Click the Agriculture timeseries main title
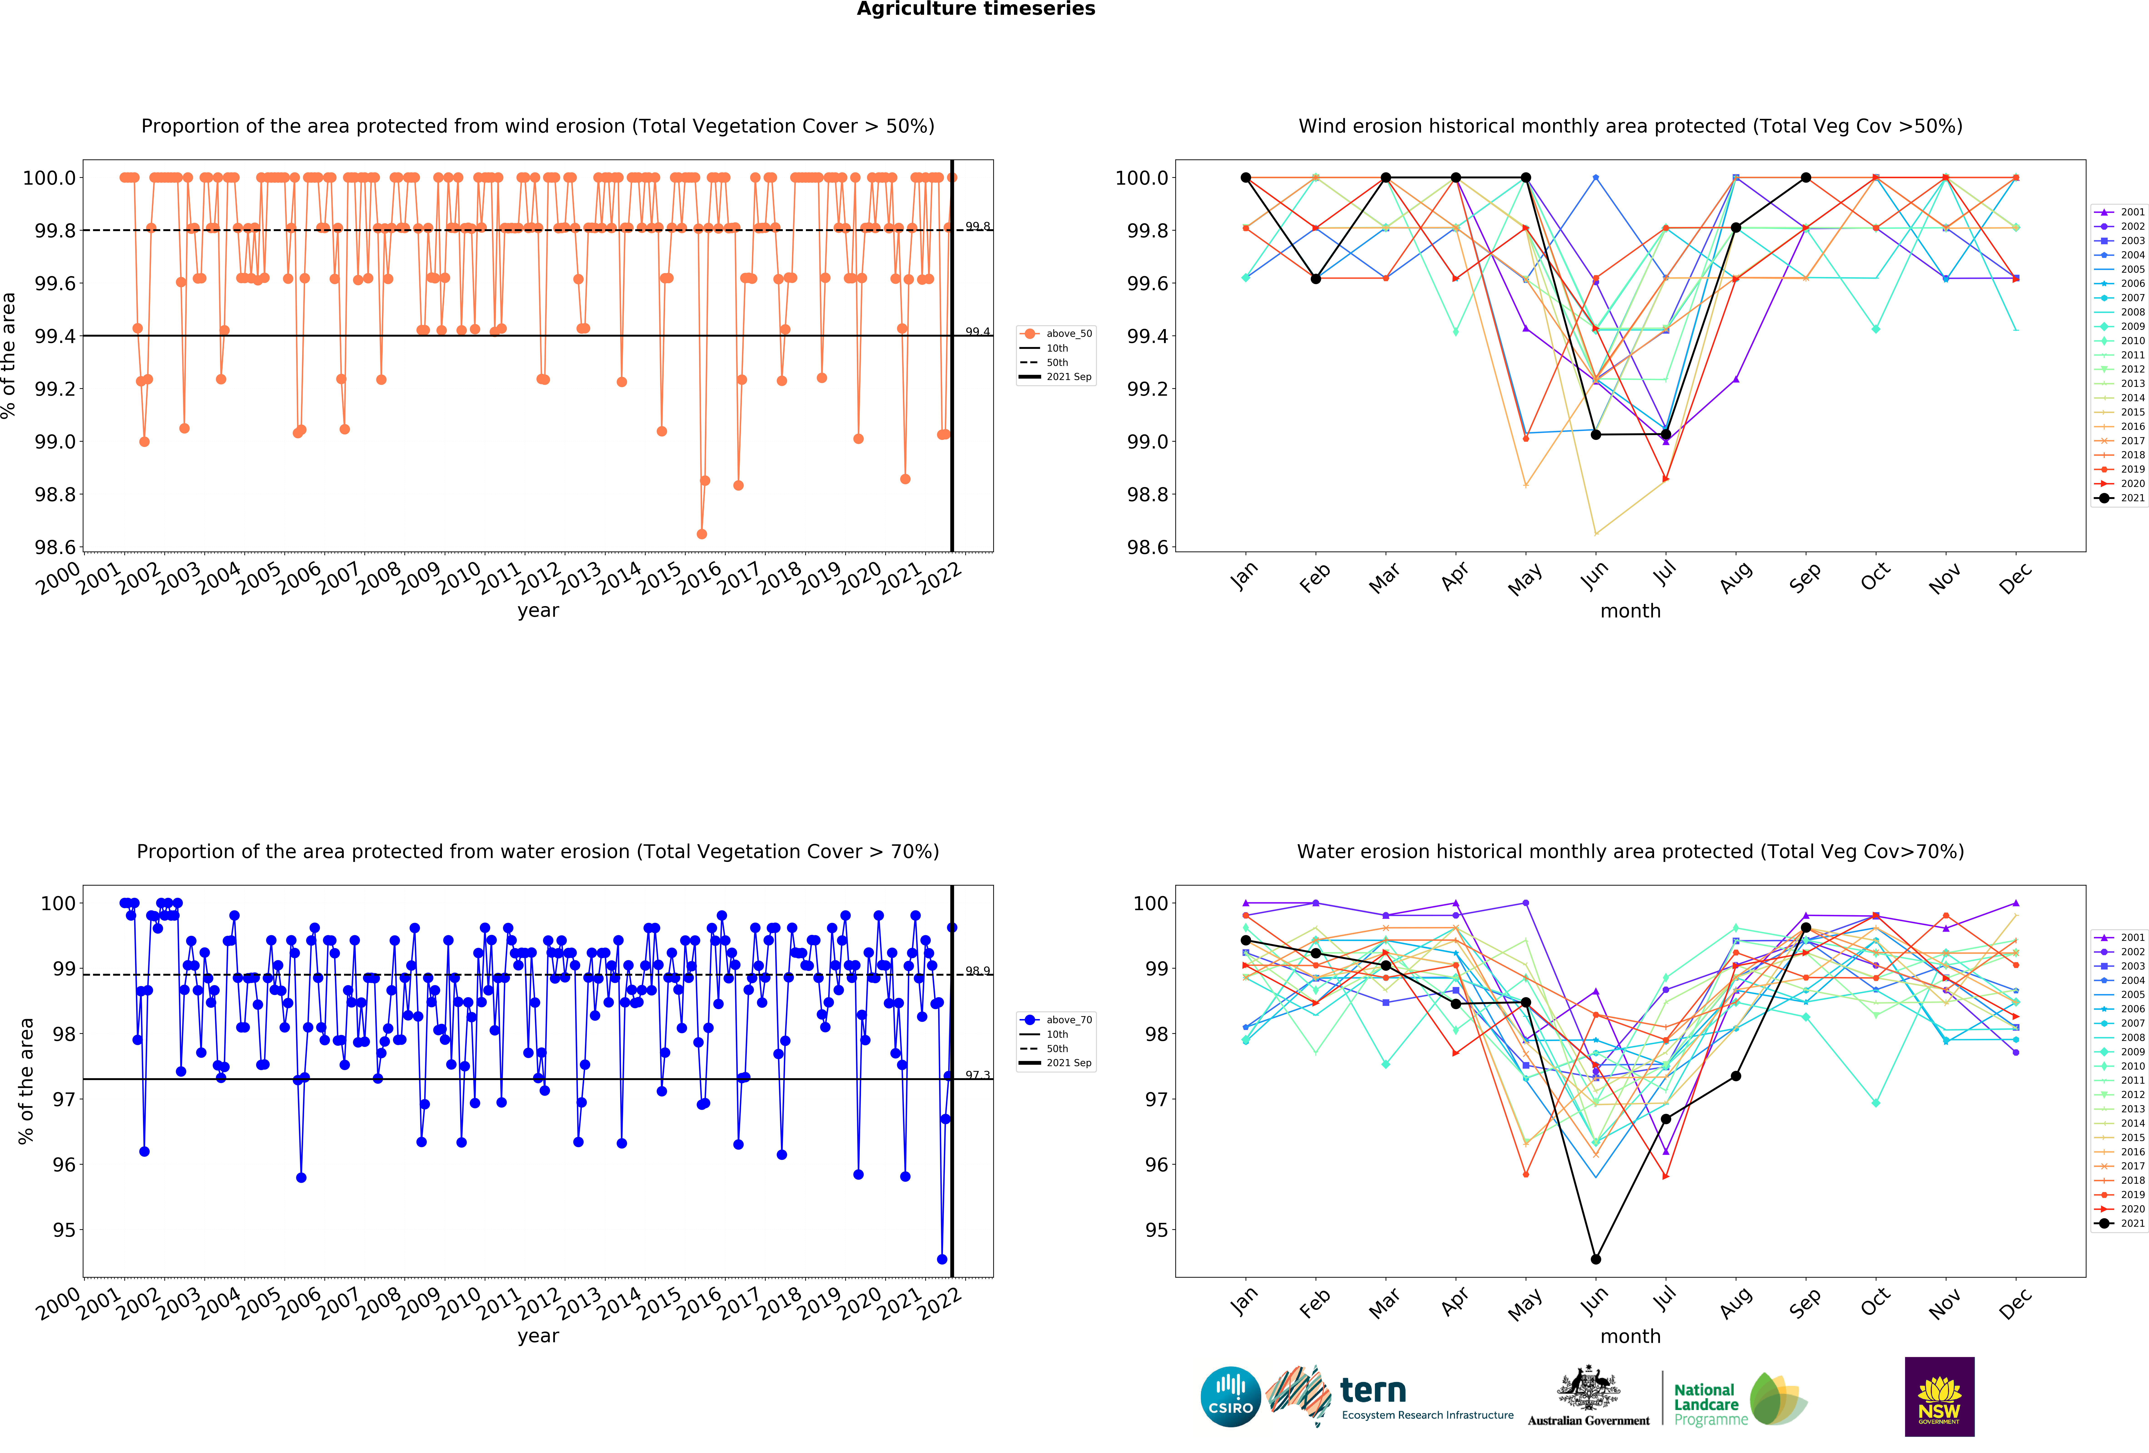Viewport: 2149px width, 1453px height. click(x=975, y=9)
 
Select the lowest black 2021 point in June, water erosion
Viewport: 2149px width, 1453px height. click(x=1595, y=1259)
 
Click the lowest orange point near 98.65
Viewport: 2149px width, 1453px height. click(x=702, y=534)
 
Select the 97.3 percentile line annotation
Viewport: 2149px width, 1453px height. click(x=977, y=1075)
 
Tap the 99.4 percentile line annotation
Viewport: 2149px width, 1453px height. click(x=977, y=331)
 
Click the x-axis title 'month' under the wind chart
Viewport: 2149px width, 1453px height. click(x=1630, y=611)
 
